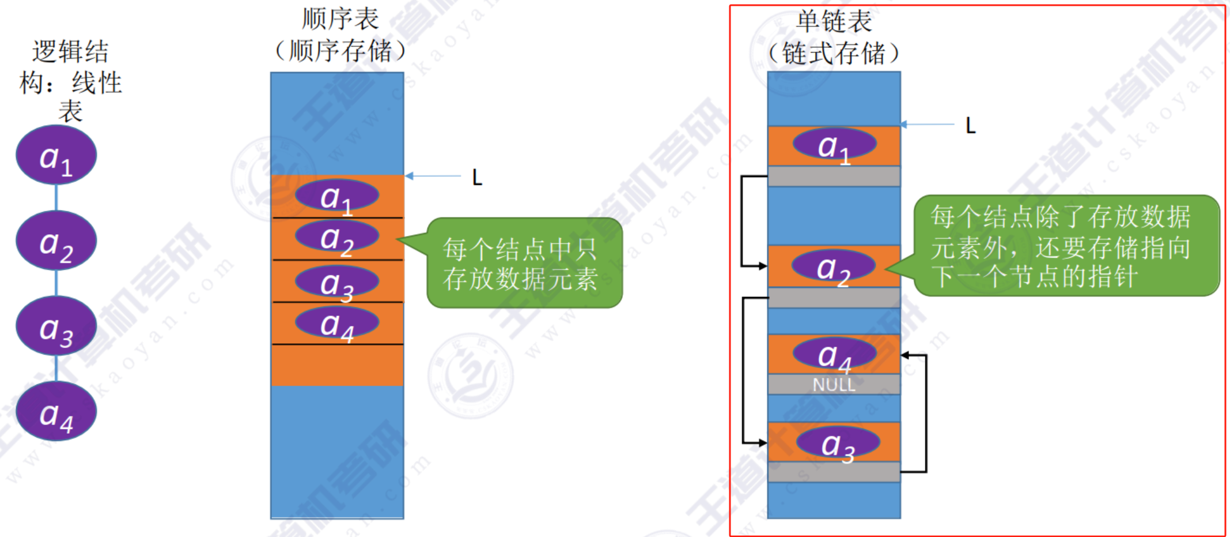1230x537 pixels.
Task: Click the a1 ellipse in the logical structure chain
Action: click(56, 155)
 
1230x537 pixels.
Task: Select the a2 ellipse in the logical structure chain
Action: click(56, 241)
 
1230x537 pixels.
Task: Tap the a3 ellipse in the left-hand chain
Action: click(56, 326)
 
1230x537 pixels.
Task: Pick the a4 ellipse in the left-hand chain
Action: click(56, 411)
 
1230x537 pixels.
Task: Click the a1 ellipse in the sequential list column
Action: click(337, 196)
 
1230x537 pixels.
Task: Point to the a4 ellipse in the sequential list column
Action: click(337, 324)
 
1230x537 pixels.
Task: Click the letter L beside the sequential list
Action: click(477, 178)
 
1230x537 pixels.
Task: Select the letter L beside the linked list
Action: click(971, 126)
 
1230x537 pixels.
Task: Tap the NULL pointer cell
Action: click(834, 385)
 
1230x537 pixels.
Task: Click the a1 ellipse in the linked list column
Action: click(834, 144)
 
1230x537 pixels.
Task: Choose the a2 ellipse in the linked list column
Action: click(834, 266)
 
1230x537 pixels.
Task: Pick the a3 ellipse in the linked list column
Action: click(838, 444)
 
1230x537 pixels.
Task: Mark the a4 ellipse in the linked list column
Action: click(834, 354)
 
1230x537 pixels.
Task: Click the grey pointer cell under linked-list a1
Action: click(834, 177)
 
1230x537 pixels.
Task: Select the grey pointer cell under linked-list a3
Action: click(834, 472)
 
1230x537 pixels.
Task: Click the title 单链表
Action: click(834, 22)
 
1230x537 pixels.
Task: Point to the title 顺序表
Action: click(340, 19)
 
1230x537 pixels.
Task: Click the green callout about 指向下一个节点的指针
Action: click(1066, 246)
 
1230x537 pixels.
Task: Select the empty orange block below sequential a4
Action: click(337, 365)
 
